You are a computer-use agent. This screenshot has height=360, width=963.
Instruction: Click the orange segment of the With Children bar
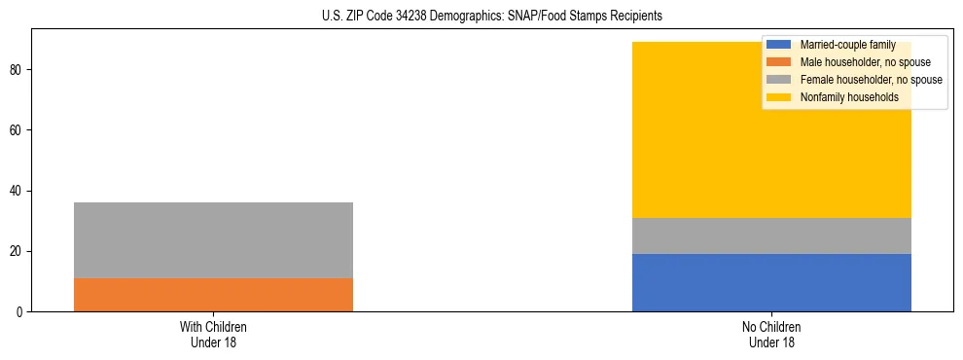click(x=213, y=295)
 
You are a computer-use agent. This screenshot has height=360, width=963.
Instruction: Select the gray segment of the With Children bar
click(x=213, y=240)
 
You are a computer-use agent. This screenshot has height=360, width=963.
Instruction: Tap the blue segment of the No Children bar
click(x=771, y=282)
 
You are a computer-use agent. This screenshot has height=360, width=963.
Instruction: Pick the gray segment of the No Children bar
click(x=771, y=235)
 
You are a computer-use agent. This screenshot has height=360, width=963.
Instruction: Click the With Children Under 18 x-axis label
click(x=213, y=334)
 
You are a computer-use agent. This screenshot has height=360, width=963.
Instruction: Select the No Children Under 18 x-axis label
click(x=771, y=334)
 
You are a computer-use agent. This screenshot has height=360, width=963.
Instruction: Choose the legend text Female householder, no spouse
click(x=871, y=80)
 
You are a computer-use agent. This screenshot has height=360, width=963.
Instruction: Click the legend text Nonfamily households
click(x=843, y=97)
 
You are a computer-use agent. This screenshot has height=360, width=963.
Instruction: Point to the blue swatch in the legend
click(x=779, y=45)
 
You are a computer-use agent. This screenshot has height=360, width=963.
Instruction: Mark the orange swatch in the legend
click(x=779, y=62)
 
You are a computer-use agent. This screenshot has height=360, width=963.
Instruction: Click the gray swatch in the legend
click(x=779, y=80)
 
